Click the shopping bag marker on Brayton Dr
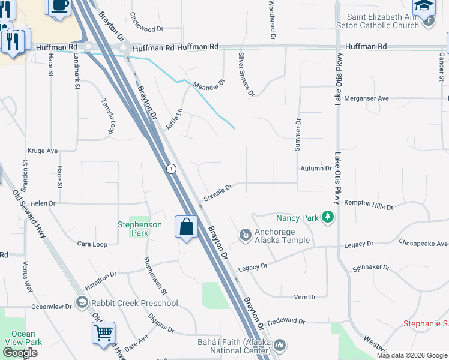187,227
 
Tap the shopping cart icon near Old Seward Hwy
103,332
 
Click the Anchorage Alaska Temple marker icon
245,235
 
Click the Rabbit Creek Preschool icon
82,302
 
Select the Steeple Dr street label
218,193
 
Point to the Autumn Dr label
316,169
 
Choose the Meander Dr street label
208,86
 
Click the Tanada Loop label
107,116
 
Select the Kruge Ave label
43,151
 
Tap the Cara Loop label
92,244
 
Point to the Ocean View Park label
23,338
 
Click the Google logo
20,353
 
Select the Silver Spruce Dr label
246,74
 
